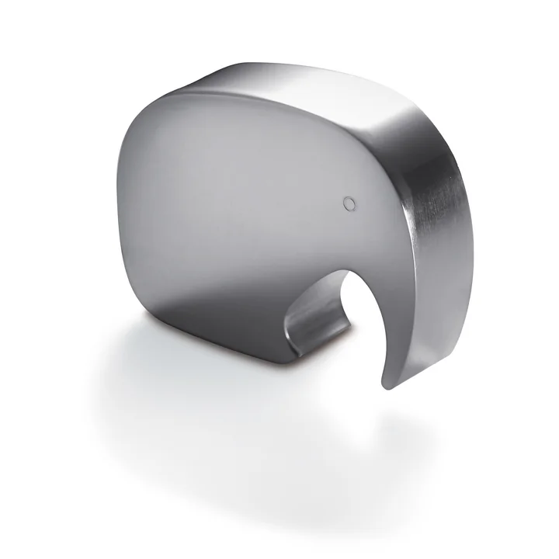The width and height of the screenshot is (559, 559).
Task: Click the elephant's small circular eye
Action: coord(349,203)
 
